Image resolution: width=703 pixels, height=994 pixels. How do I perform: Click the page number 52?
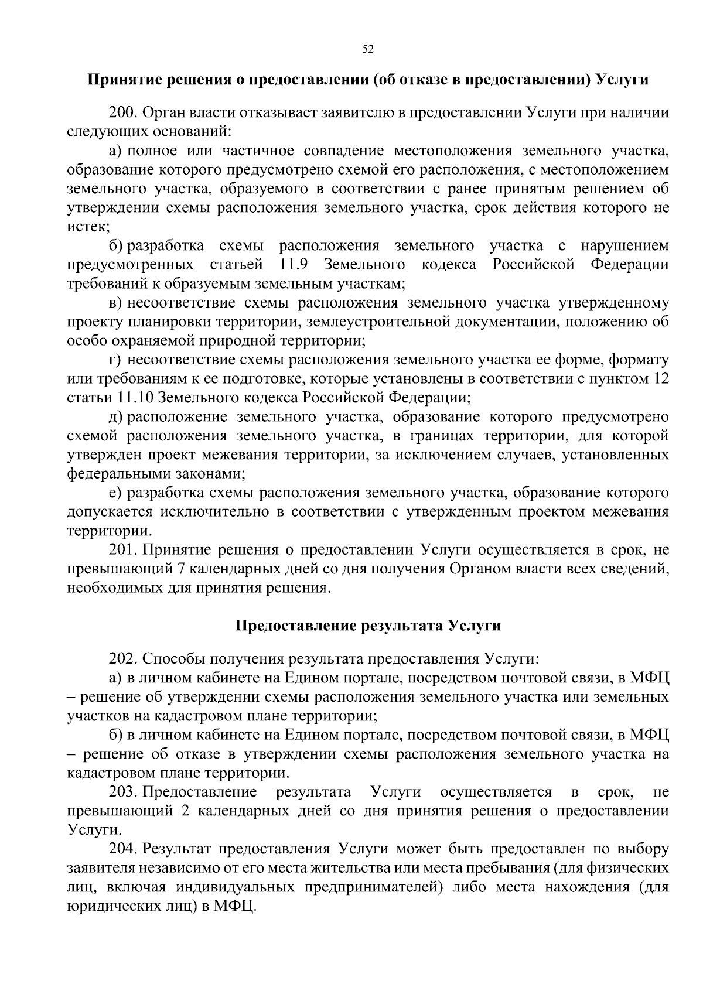(x=368, y=49)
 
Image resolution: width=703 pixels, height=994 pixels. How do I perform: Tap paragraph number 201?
(x=121, y=550)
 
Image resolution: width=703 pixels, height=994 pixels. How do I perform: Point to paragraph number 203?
(x=121, y=793)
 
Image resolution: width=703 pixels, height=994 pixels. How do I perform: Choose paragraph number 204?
(x=121, y=849)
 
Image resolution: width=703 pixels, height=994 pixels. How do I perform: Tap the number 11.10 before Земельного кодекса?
(x=137, y=398)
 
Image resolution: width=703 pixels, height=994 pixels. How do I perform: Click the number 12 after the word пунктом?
(x=661, y=379)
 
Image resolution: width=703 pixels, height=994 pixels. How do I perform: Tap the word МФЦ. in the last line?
(x=236, y=905)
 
